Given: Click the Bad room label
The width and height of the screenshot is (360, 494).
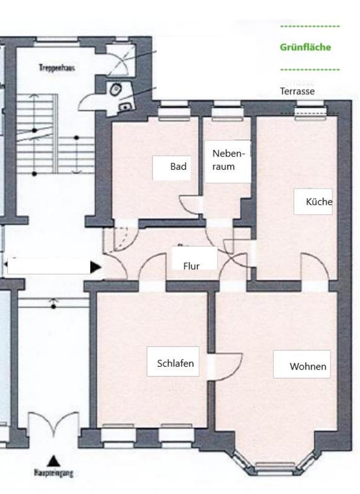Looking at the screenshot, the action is coord(178,167).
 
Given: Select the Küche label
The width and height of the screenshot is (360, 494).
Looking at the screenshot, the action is coord(319,202).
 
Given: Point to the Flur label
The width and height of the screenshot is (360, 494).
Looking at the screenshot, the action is coord(192,266).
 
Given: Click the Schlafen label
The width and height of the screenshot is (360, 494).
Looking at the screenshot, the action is coord(176,363).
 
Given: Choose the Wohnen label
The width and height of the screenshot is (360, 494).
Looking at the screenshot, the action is coord(308,366).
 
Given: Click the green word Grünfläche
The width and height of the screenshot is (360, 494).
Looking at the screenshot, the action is coord(305,47).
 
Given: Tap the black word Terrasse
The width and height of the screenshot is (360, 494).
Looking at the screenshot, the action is coord(297,92).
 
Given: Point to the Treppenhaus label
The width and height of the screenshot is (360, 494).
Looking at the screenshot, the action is coord(57,67).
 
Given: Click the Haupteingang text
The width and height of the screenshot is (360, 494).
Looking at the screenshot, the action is coord(53,472).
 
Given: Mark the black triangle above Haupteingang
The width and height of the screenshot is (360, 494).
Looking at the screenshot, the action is coord(53,460).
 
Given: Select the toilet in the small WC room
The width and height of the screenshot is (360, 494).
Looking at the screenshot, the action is coord(116,90).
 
